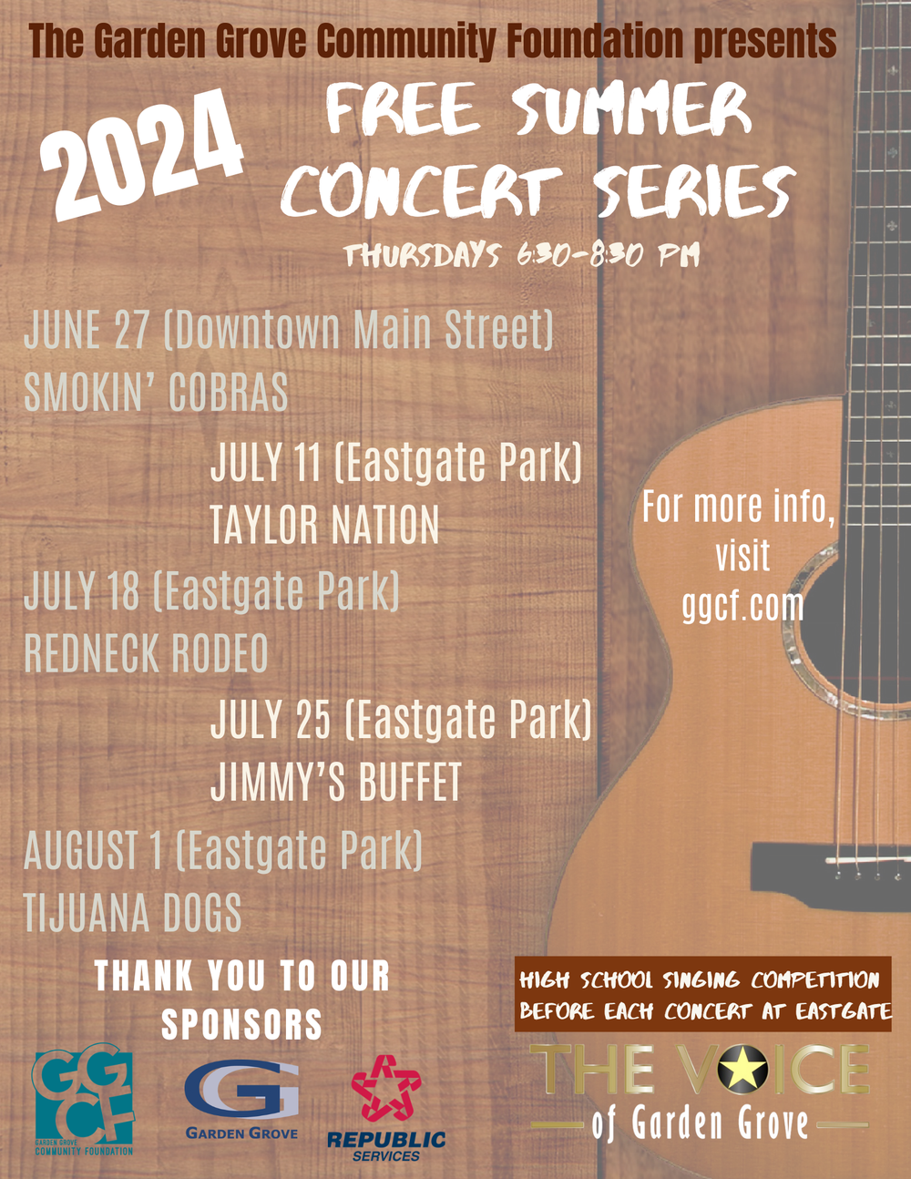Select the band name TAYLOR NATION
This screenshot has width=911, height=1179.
click(x=324, y=526)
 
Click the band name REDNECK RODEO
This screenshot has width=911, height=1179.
click(x=146, y=653)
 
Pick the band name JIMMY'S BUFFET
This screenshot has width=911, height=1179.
click(x=336, y=783)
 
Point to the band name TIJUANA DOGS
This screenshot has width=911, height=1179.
click(x=133, y=913)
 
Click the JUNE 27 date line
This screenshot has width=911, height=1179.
click(x=288, y=330)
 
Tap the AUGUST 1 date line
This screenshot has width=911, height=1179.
click(x=223, y=850)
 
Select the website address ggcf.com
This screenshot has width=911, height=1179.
click(x=742, y=605)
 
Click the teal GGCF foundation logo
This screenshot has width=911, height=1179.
click(x=84, y=1099)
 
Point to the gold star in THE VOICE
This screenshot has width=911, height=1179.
click(x=742, y=1069)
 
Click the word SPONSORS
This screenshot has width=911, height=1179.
click(x=242, y=1024)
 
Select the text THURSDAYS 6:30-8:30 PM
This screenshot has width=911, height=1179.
click(x=521, y=255)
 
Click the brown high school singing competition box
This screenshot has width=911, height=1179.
click(x=702, y=994)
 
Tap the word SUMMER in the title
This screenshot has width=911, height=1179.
click(x=631, y=111)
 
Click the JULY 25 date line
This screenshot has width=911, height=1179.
click(x=401, y=720)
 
